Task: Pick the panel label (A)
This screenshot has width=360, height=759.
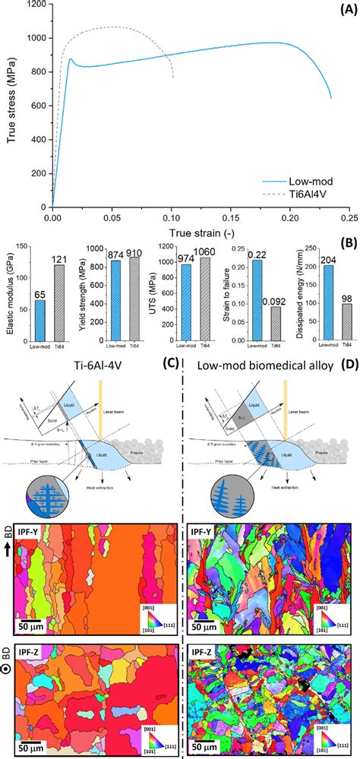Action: (348, 8)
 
